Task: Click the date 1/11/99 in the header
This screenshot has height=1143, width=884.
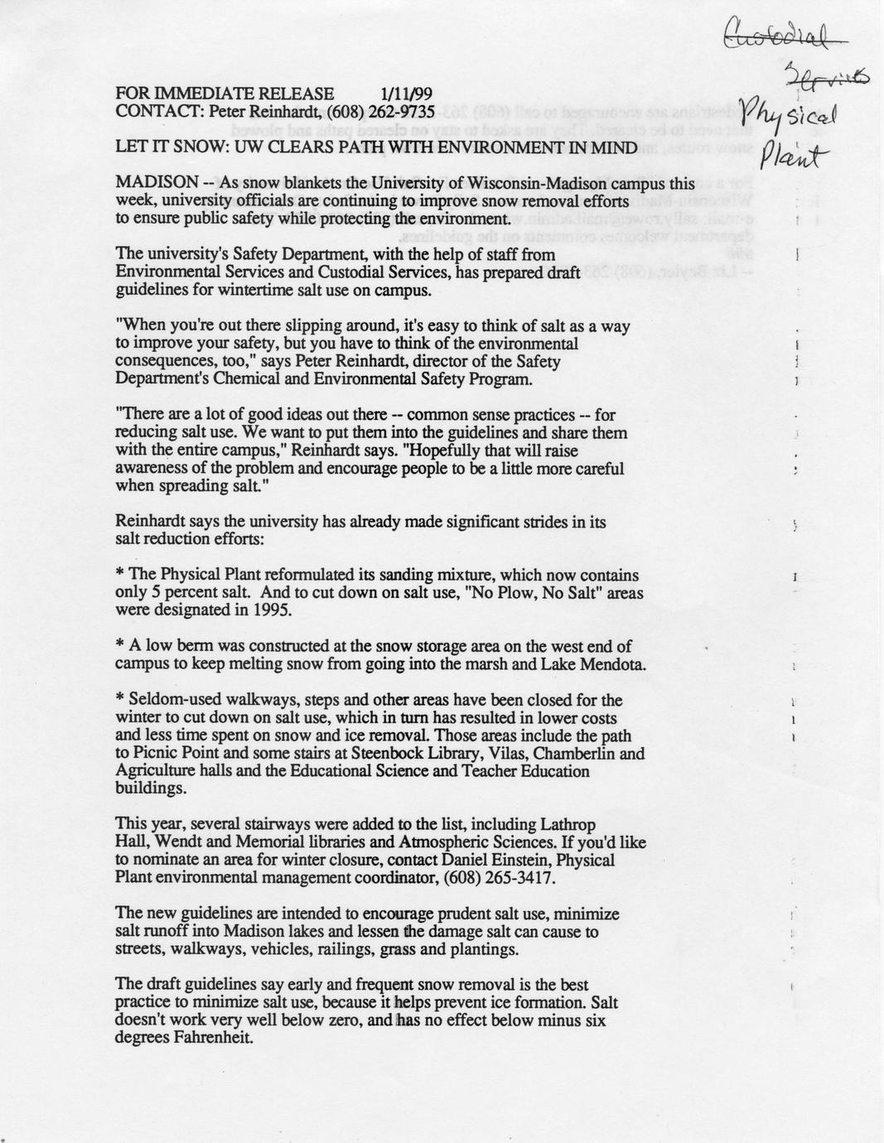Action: click(407, 94)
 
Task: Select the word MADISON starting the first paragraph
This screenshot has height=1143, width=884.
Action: click(157, 182)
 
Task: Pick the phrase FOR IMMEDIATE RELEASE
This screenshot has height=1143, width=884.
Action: click(225, 94)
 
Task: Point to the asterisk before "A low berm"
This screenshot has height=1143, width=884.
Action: click(120, 646)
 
